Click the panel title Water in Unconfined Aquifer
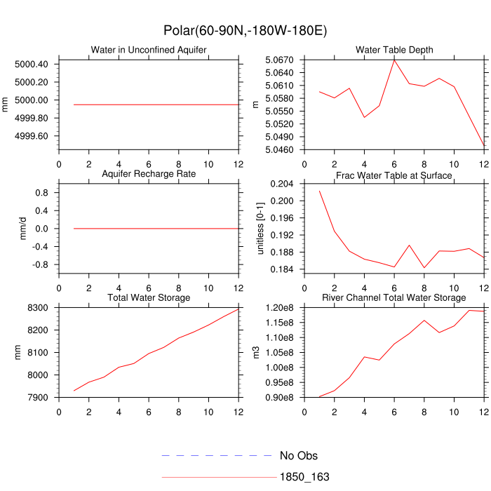pos(149,50)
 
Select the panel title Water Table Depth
pos(394,50)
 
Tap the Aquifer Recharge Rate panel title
pos(149,173)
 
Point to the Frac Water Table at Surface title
pos(394,175)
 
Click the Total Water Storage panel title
pos(149,298)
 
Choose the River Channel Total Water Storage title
pos(394,298)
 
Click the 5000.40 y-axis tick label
pos(32,64)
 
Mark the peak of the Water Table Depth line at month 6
pos(394,60)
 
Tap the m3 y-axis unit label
pos(255,353)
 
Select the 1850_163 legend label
pos(304,477)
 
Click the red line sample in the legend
pos(217,477)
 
